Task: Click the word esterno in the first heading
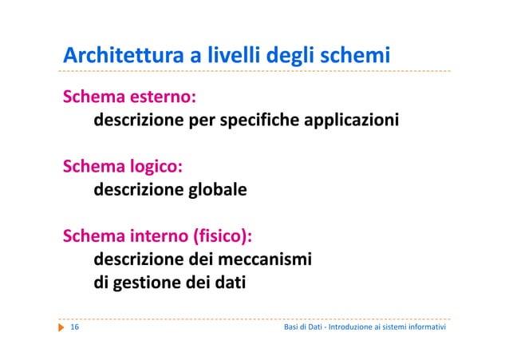click(x=164, y=98)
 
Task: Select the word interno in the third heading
click(x=161, y=237)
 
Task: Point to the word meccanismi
click(x=262, y=260)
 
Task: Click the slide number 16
click(x=74, y=328)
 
